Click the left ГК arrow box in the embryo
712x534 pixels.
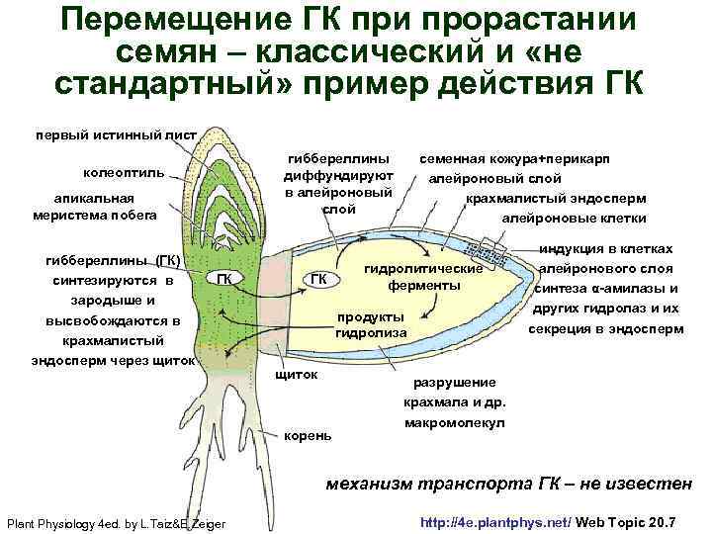click(224, 278)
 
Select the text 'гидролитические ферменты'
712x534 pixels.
click(424, 277)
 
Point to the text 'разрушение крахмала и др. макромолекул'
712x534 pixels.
click(454, 401)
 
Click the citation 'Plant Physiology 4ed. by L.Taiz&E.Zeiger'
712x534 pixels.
click(116, 522)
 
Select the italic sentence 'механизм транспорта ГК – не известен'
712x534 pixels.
click(508, 484)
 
